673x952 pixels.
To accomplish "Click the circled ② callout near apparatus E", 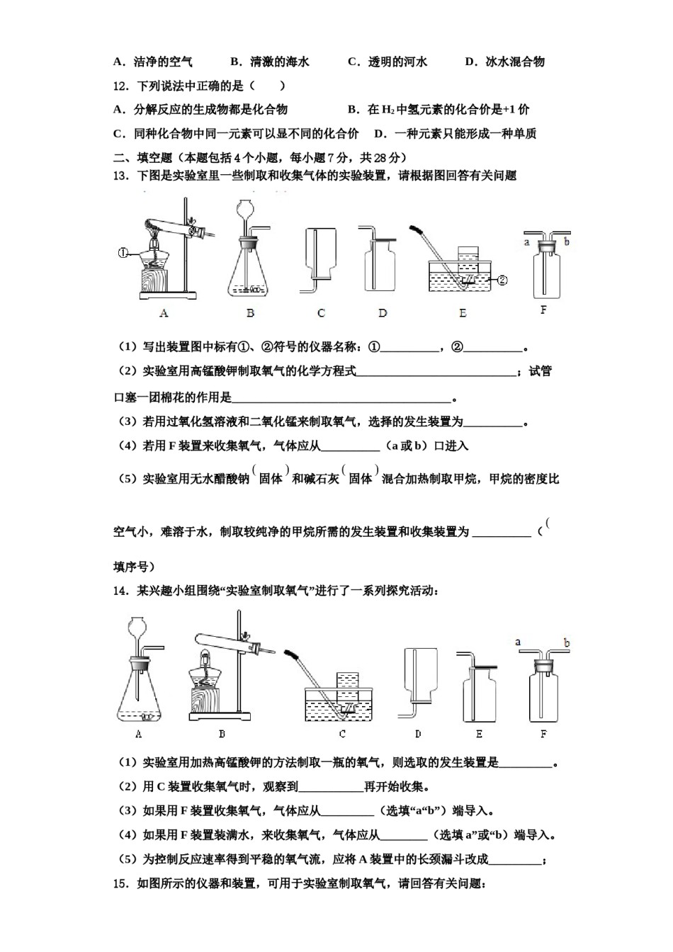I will point(502,280).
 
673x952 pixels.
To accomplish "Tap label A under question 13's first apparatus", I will point(164,313).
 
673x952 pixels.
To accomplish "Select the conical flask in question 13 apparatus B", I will point(250,272).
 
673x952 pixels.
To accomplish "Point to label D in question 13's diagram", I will point(383,313).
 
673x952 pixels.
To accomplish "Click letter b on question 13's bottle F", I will point(567,242).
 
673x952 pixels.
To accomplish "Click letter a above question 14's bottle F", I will point(518,642).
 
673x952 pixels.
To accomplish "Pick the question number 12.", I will point(120,86).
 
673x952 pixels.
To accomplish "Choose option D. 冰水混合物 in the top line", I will point(504,62).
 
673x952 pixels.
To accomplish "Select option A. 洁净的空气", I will point(153,62).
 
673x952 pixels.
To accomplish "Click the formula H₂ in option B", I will point(388,110).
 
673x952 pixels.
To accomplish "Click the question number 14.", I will point(120,591).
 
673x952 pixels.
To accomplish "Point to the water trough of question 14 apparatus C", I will point(339,704).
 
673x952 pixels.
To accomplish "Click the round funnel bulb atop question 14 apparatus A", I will point(135,628).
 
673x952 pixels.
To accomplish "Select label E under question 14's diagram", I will point(480,735).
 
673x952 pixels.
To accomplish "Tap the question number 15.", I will point(120,883).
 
